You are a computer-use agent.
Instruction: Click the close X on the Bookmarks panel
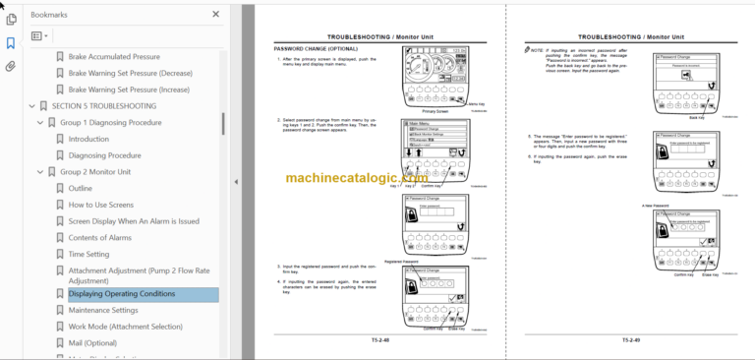pyautogui.click(x=216, y=15)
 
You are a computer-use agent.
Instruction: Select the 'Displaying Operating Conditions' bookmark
pyautogui.click(x=121, y=294)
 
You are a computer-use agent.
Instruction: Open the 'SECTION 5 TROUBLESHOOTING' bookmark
pyautogui.click(x=103, y=105)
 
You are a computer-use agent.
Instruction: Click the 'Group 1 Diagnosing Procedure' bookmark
pyautogui.click(x=110, y=122)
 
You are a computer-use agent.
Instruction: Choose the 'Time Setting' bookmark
pyautogui.click(x=88, y=254)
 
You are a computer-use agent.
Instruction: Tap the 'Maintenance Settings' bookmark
pyautogui.click(x=103, y=311)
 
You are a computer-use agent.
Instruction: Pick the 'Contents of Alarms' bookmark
pyautogui.click(x=99, y=237)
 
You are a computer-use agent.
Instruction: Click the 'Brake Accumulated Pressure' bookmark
pyautogui.click(x=114, y=57)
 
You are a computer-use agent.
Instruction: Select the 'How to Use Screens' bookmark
pyautogui.click(x=100, y=205)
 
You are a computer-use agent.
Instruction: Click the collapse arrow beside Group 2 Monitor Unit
pyautogui.click(x=39, y=172)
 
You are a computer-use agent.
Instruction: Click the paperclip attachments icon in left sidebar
pyautogui.click(x=11, y=67)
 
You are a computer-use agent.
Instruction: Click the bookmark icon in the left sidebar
pyautogui.click(x=11, y=43)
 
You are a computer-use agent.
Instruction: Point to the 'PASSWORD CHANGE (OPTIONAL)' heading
pyautogui.click(x=317, y=48)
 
